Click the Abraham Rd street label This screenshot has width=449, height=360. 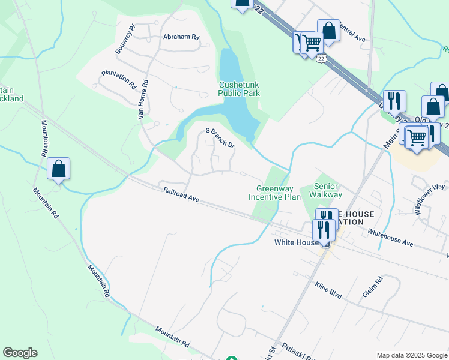click(x=181, y=37)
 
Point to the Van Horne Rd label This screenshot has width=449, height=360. click(x=143, y=100)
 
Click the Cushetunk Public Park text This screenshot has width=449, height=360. click(x=239, y=89)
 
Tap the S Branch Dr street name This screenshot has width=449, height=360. click(x=220, y=137)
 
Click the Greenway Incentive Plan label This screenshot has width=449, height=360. click(x=274, y=192)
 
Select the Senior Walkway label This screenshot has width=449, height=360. click(x=325, y=190)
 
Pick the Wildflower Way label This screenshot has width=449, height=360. click(x=430, y=199)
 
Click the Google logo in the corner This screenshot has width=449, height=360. click(x=20, y=353)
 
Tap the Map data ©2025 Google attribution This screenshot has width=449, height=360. click(x=412, y=355)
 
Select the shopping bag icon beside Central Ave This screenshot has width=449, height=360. click(x=328, y=30)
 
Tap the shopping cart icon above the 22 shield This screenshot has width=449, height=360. click(x=310, y=43)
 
